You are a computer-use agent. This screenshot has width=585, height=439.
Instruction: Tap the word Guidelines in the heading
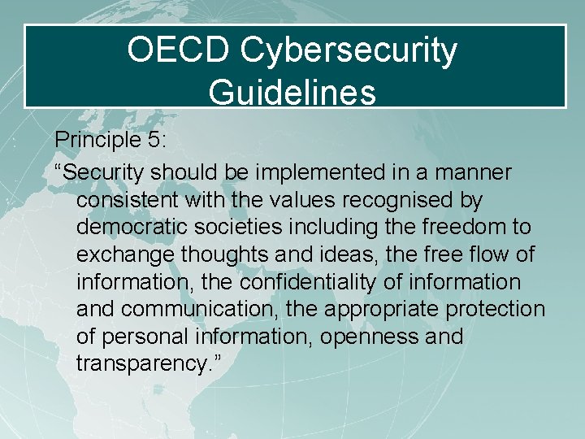292,92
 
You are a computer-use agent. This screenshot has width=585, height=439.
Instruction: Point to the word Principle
90,140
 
